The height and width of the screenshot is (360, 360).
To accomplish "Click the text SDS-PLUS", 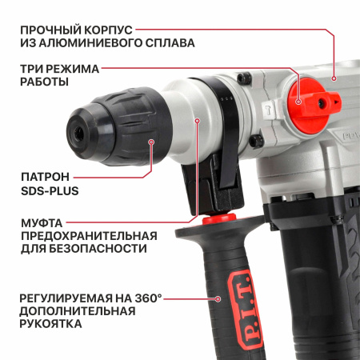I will (x=50, y=192).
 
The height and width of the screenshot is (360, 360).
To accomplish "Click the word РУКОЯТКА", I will (x=50, y=325).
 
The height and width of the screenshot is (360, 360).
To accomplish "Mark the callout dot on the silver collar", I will (x=197, y=119).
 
